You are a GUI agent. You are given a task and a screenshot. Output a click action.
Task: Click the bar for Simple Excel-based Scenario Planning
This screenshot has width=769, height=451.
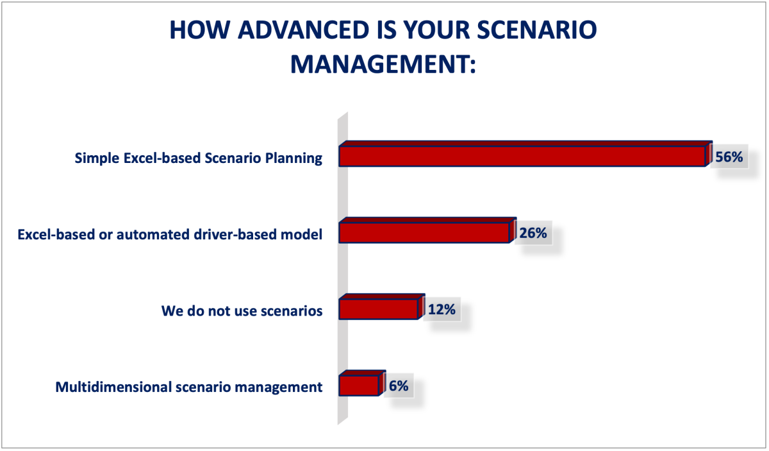[525, 154]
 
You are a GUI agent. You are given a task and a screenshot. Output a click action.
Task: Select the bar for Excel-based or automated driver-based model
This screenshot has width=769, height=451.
[427, 230]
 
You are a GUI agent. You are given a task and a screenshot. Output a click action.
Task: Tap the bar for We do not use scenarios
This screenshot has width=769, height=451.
[382, 307]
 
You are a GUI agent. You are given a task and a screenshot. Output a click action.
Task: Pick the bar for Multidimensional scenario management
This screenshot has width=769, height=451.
[362, 383]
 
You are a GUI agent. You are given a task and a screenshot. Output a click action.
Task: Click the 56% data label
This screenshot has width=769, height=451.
[729, 157]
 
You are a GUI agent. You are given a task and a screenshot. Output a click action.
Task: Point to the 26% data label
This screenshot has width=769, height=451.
[533, 233]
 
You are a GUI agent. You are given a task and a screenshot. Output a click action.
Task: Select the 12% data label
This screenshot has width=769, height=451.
[442, 309]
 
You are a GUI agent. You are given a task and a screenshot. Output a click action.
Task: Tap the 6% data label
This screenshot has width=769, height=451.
[399, 386]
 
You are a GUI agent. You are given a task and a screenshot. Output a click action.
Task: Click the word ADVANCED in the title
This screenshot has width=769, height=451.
[303, 30]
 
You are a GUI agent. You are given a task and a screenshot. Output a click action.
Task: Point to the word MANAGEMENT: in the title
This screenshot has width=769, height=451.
[383, 64]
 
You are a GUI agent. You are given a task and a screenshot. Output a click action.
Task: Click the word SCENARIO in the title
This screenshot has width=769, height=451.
[537, 30]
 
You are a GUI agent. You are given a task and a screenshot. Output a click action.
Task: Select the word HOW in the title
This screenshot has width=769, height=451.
[200, 30]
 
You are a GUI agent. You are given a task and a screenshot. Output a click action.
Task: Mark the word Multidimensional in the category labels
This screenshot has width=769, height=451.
[113, 387]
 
